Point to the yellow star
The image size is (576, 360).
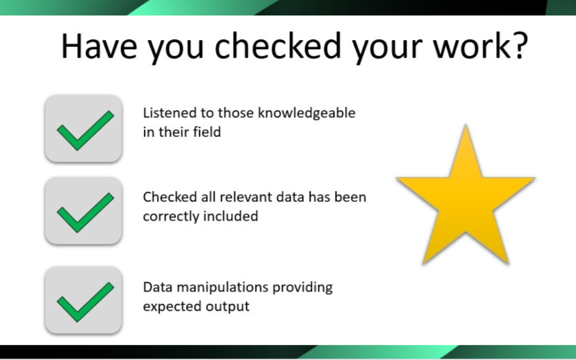point(466,197)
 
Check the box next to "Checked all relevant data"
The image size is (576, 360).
point(84,211)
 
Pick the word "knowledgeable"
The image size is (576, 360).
point(307,114)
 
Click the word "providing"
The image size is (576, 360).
point(302,287)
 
